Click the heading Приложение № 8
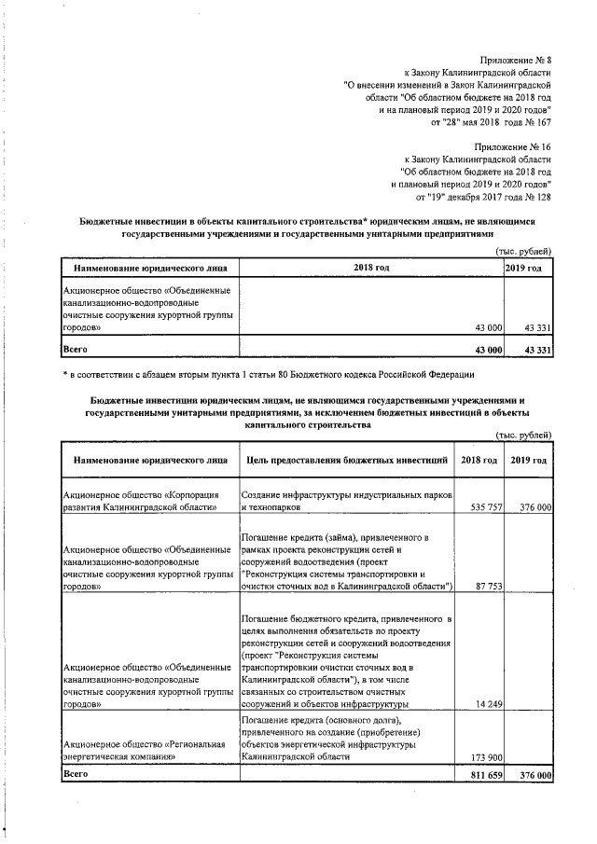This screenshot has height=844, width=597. pos(512,59)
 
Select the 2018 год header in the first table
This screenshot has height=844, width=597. pos(371,269)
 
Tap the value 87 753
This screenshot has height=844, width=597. pos(487,587)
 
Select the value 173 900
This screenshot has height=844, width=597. pos(484,757)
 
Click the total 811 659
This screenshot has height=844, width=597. pos(482,775)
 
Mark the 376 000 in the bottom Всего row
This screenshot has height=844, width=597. pos(532,775)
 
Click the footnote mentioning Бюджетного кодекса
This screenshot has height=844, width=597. pos(271,375)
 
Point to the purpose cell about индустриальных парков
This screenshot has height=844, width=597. pos(344,500)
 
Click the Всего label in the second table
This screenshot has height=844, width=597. pos(74,774)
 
